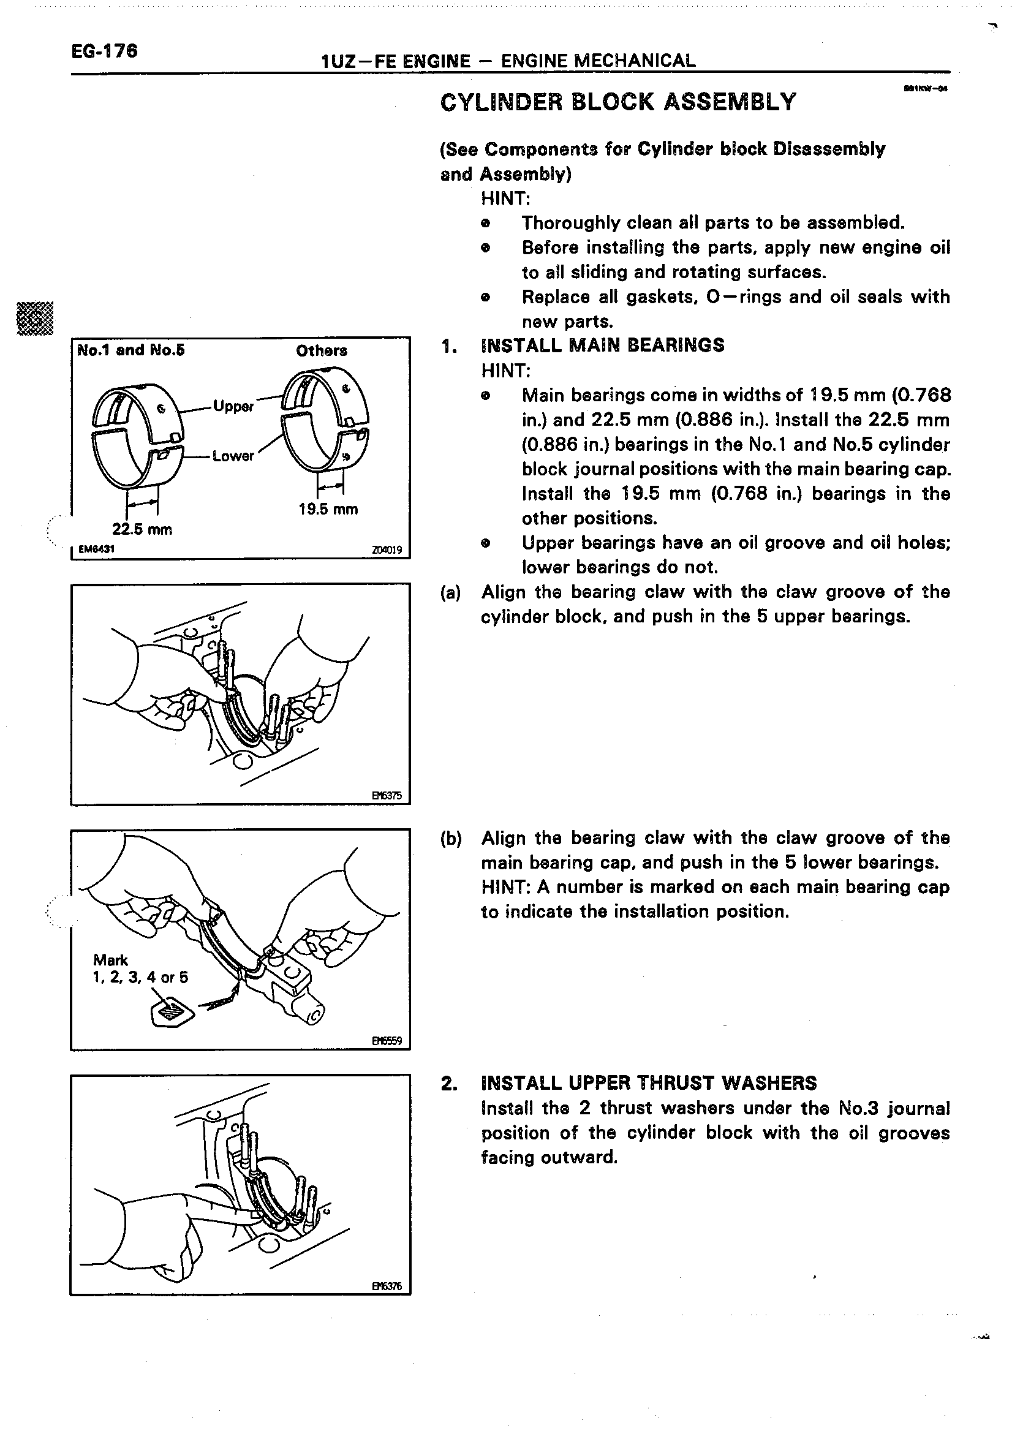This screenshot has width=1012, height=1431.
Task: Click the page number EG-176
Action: click(104, 51)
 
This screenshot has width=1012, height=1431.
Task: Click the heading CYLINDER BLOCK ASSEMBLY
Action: click(618, 102)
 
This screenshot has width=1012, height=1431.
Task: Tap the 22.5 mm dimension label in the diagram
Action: click(142, 529)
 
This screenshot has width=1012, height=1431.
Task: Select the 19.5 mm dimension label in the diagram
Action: click(328, 509)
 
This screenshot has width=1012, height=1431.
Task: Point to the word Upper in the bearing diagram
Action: click(233, 406)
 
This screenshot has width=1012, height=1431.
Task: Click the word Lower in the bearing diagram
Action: click(233, 456)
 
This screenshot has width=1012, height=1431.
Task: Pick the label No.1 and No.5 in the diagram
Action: click(131, 350)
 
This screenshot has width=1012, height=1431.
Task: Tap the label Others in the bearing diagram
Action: click(322, 351)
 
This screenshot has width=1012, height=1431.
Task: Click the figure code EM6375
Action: click(387, 796)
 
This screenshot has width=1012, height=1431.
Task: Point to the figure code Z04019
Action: click(387, 550)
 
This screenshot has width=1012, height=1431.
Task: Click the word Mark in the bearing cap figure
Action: click(110, 960)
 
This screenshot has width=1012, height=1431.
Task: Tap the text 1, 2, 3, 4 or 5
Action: click(140, 977)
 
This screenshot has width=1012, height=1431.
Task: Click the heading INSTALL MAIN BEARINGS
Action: click(603, 345)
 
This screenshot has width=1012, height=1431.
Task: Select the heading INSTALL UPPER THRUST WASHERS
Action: click(648, 1083)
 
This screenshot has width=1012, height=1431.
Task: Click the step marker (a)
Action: click(450, 592)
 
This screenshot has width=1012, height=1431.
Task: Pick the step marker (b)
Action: click(450, 838)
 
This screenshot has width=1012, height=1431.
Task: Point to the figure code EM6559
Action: click(387, 1041)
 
